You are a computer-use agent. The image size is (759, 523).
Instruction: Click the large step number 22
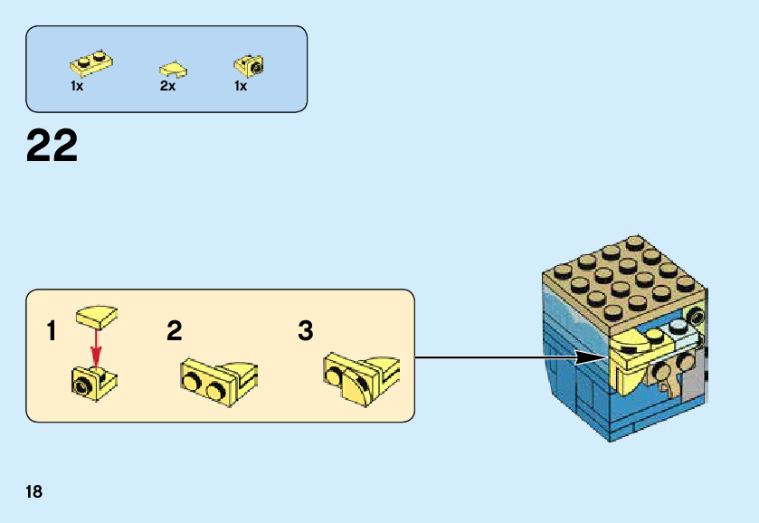pyautogui.click(x=52, y=146)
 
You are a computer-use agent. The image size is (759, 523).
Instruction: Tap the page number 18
pyautogui.click(x=34, y=492)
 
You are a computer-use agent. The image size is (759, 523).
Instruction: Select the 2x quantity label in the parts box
pyautogui.click(x=167, y=87)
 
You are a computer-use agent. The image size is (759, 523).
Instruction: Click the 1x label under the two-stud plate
pyautogui.click(x=77, y=87)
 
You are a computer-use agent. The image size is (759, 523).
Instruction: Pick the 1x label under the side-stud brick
pyautogui.click(x=241, y=87)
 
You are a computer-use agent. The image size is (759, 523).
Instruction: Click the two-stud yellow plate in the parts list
pyautogui.click(x=90, y=63)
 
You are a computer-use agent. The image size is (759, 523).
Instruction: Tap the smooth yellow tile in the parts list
pyautogui.click(x=174, y=68)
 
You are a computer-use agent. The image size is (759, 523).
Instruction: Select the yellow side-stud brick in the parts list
pyautogui.click(x=249, y=64)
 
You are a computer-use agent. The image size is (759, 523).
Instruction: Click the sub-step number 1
pyautogui.click(x=52, y=331)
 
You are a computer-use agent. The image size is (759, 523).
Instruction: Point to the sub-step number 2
pyautogui.click(x=174, y=331)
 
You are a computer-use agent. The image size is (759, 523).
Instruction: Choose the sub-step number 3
pyautogui.click(x=306, y=331)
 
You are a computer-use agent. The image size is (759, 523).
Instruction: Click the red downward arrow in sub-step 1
pyautogui.click(x=95, y=348)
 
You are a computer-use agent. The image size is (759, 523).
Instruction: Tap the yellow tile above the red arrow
pyautogui.click(x=97, y=317)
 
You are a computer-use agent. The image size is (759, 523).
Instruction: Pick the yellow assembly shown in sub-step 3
pyautogui.click(x=359, y=376)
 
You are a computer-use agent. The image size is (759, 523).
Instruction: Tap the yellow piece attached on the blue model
pyautogui.click(x=639, y=353)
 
